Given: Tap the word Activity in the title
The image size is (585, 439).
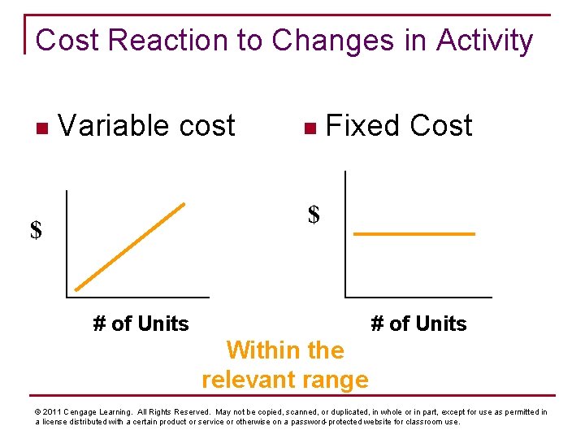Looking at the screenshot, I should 484,40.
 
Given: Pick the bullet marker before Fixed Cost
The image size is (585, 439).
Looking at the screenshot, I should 307,128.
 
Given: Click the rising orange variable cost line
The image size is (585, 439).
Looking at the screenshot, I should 130,246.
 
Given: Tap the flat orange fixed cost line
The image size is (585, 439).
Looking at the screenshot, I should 414,234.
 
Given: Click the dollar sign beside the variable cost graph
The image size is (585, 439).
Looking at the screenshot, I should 36,231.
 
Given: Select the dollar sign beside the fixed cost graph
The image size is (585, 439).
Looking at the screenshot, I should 314,215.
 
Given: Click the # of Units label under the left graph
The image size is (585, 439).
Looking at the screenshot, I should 141,324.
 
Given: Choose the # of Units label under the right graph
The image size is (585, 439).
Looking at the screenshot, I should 418,324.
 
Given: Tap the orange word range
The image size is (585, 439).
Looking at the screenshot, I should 338,380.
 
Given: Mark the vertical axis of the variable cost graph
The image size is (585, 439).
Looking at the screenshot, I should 67,244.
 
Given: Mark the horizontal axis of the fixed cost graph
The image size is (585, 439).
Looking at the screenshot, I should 418,298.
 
